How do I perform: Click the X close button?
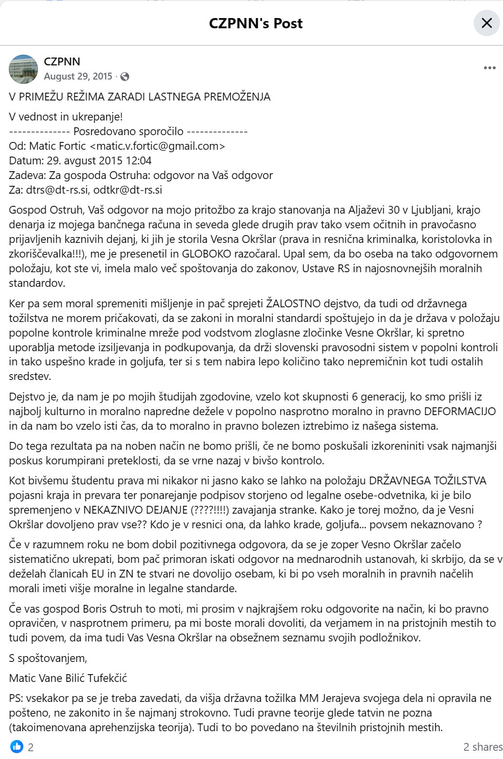coord(486,23)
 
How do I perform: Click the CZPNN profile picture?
coord(23,69)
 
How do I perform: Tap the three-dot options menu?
coord(489,68)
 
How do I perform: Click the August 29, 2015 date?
coord(78,77)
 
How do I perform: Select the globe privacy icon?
coord(125,77)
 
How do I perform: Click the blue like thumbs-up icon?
coord(17,746)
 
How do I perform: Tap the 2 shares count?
coord(483,747)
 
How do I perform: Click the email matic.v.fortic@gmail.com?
coord(158,146)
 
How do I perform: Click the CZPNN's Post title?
coord(255,23)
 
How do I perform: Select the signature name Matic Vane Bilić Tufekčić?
coord(68,678)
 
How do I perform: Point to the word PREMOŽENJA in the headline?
coord(240,97)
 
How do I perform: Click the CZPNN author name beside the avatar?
coord(62,61)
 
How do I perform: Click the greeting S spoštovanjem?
coord(48,658)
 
